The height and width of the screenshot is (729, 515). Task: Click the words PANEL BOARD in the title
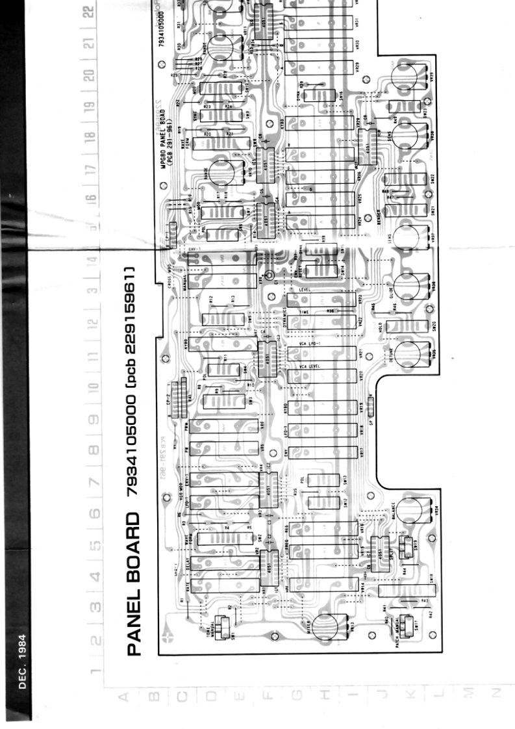pos(134,584)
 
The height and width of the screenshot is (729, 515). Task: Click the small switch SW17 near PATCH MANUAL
pos(409,625)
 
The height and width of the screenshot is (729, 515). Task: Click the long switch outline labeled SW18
pos(401,591)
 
